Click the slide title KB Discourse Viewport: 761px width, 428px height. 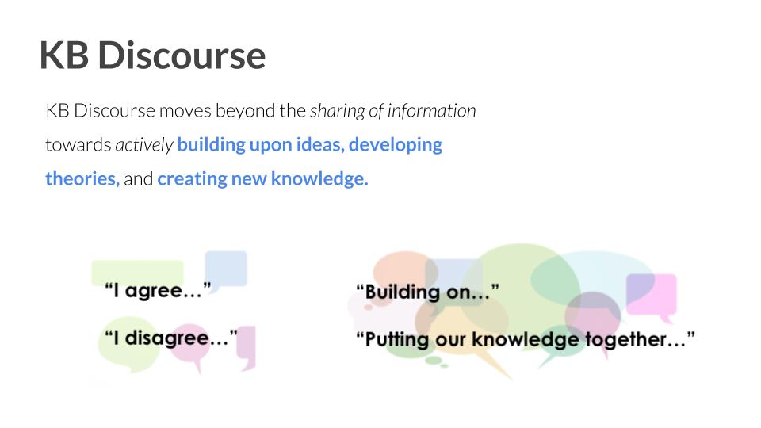(x=152, y=55)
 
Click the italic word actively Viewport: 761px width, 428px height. (x=144, y=145)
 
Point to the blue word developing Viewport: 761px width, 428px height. (x=396, y=145)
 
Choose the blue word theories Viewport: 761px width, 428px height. (x=82, y=178)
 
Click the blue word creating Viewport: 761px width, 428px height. (x=192, y=179)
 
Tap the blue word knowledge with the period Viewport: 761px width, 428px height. (x=319, y=178)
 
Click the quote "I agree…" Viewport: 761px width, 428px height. (x=159, y=290)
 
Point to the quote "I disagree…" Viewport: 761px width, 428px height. (x=171, y=338)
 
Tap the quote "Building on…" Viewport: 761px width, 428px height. (x=427, y=292)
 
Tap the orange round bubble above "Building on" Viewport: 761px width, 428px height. (x=403, y=272)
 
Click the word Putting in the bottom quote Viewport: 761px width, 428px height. (x=397, y=338)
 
